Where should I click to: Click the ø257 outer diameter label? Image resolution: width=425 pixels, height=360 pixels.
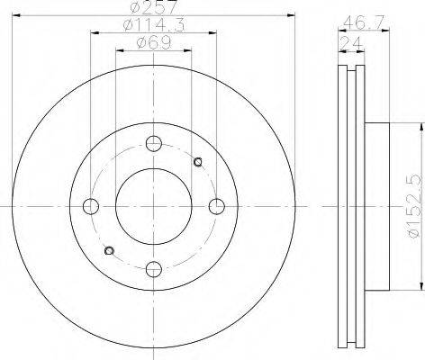[154, 7]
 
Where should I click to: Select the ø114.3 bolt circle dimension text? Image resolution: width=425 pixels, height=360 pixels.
[154, 24]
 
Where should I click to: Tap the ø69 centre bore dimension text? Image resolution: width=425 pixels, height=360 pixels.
[154, 43]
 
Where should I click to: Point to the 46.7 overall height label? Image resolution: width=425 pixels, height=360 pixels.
[364, 22]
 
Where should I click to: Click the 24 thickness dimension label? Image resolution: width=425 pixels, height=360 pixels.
[351, 43]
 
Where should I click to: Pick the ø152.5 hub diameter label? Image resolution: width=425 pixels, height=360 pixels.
[415, 206]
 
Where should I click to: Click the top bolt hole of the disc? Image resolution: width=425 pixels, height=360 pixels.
[154, 143]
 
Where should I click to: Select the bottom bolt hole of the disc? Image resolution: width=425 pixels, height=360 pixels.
[154, 269]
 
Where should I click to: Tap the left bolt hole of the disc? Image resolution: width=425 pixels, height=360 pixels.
[91, 206]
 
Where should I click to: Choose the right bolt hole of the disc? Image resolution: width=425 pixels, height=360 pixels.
[216, 206]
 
